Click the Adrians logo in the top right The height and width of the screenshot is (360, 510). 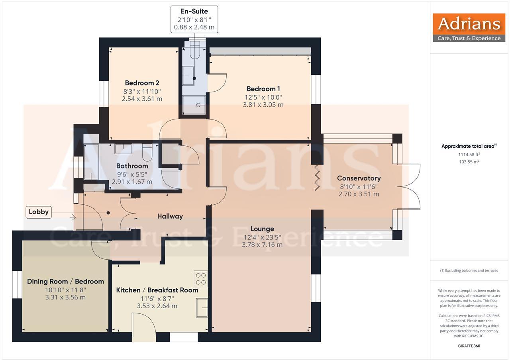[469, 27]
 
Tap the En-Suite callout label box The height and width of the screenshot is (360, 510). [194, 20]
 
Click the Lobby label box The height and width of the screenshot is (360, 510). [39, 212]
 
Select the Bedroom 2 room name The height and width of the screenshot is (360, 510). [142, 83]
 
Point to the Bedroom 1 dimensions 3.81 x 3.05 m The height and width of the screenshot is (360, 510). [263, 105]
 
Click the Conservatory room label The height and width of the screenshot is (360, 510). [359, 178]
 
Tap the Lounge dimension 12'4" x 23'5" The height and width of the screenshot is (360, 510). [262, 237]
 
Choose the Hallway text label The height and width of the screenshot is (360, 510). [170, 216]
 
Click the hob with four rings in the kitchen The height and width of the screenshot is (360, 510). [201, 278]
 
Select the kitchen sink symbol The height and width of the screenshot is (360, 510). [202, 307]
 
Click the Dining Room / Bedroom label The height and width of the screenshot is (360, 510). [65, 281]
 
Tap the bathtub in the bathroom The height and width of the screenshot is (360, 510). [91, 162]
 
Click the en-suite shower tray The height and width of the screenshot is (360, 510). [194, 105]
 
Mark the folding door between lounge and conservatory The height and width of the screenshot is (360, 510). [317, 177]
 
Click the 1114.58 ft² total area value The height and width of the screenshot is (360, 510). [469, 154]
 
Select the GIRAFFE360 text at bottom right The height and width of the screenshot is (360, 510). [469, 346]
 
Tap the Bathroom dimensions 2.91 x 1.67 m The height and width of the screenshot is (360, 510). [132, 182]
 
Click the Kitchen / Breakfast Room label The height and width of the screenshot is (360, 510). [157, 290]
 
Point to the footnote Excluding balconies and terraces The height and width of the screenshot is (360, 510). [469, 270]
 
